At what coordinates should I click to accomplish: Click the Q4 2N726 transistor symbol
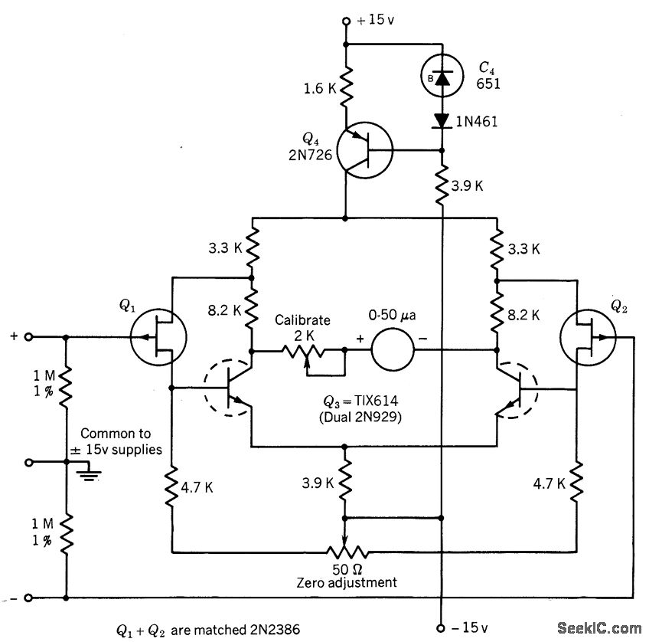[365, 149]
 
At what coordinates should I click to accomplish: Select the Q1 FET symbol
[159, 336]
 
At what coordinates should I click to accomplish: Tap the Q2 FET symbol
[588, 336]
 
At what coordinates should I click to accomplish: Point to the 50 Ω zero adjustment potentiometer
[347, 551]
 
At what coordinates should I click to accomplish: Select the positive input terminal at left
[29, 336]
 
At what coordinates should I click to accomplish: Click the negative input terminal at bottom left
[29, 598]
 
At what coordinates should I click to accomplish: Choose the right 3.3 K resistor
[497, 247]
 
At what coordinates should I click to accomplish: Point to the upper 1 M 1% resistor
[67, 383]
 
